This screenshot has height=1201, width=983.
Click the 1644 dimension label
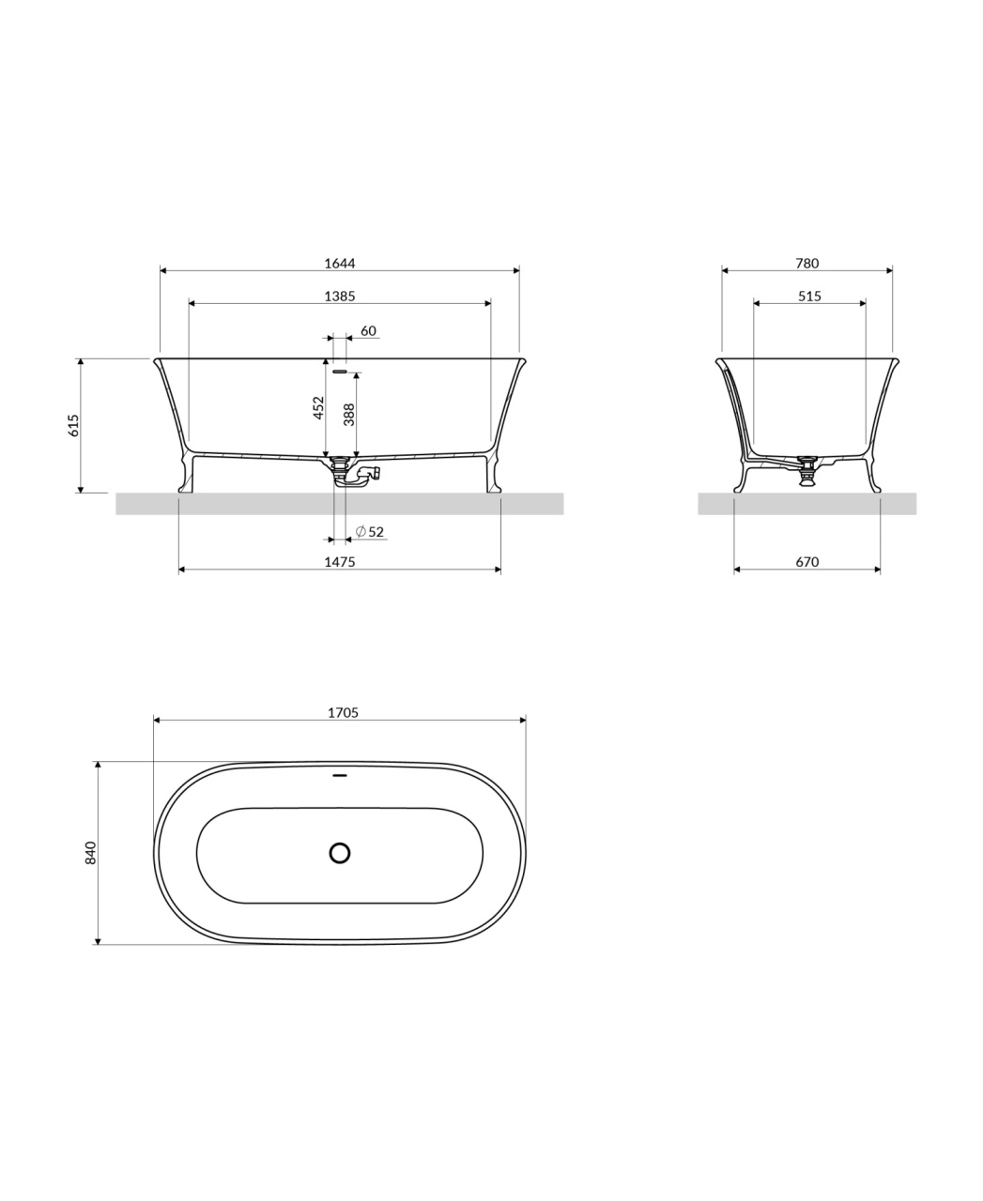[x=340, y=263]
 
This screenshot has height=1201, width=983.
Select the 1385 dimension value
[x=340, y=296]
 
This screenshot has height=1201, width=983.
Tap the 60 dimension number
[x=368, y=331]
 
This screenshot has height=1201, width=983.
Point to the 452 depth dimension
[x=319, y=408]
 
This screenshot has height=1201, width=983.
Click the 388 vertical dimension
[x=349, y=415]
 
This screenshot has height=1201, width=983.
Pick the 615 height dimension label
[x=73, y=425]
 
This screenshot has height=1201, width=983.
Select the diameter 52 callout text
[x=370, y=531]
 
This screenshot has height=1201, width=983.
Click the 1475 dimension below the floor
[x=340, y=562]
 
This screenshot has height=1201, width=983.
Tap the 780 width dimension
[x=806, y=263]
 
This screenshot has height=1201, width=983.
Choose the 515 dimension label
[x=809, y=296]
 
